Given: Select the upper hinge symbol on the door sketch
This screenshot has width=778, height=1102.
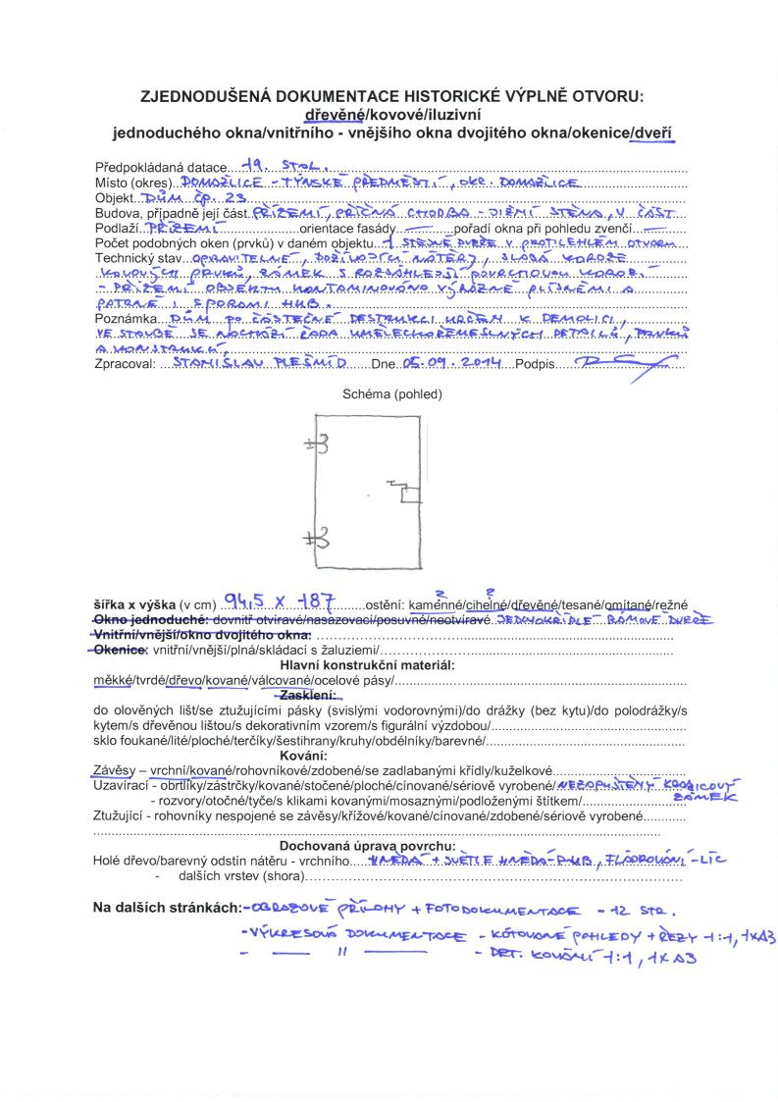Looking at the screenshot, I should (x=317, y=444).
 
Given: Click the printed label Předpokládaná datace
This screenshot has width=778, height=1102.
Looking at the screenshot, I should (x=160, y=167).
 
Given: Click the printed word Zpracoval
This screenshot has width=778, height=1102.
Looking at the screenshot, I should (x=124, y=363).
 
